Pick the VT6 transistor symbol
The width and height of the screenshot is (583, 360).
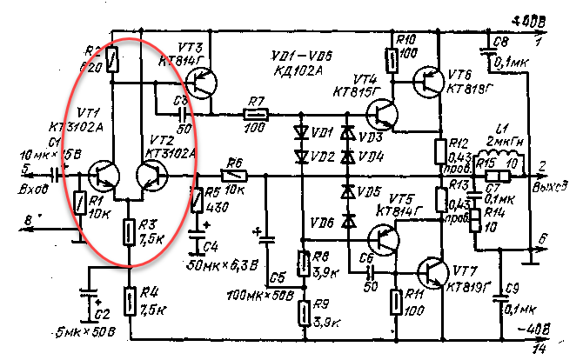click(x=430, y=83)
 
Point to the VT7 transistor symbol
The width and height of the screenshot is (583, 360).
click(x=430, y=271)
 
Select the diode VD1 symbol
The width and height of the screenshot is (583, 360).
click(x=301, y=134)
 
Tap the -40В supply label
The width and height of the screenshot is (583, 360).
click(x=533, y=330)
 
